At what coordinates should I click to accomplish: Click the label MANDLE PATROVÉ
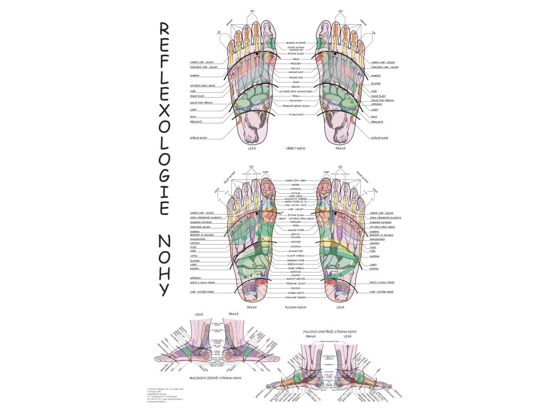295,42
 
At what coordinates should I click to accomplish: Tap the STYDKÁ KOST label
295,114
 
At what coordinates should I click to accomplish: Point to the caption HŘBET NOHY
295,148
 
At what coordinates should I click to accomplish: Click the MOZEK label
295,185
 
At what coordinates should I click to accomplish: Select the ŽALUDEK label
295,237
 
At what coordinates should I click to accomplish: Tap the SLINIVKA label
295,247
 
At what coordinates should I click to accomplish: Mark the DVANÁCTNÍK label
295,252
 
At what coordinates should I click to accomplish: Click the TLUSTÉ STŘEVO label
295,256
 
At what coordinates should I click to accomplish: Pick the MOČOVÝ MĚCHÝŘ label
295,279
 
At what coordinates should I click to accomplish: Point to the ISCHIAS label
295,288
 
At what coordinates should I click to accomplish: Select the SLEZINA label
374,256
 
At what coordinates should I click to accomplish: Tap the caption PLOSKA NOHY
295,308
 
